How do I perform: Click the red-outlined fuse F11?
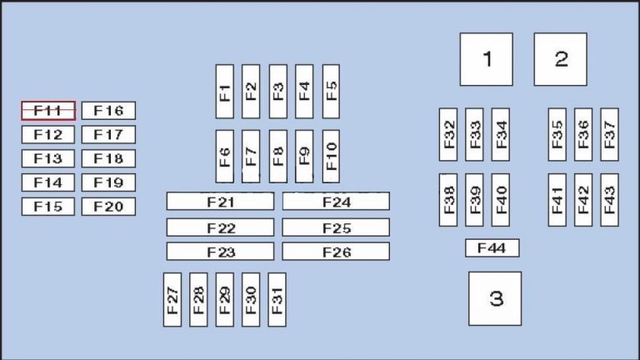pos(48,111)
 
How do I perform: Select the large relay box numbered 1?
pos(487,59)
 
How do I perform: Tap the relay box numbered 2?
pos(561,59)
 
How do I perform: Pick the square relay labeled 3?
pos(495,298)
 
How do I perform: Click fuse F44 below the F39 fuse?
pos(492,248)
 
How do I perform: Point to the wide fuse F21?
pos(220,202)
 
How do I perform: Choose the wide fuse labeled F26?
pos(336,252)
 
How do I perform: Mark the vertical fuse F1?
pos(225,92)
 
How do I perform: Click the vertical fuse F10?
pos(331,156)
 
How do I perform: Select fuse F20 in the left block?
pos(108,207)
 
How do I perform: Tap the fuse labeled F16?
pos(108,111)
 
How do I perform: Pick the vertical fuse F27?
pos(172,299)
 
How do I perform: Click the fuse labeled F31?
pos(277,299)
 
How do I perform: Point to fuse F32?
pos(448,134)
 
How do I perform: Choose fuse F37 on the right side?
pos(609,134)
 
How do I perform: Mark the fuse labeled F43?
pos(609,200)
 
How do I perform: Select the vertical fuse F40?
pos(500,200)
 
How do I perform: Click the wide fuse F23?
pos(220,252)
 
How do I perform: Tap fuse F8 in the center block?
pos(277,156)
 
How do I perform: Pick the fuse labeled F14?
pos(48,182)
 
